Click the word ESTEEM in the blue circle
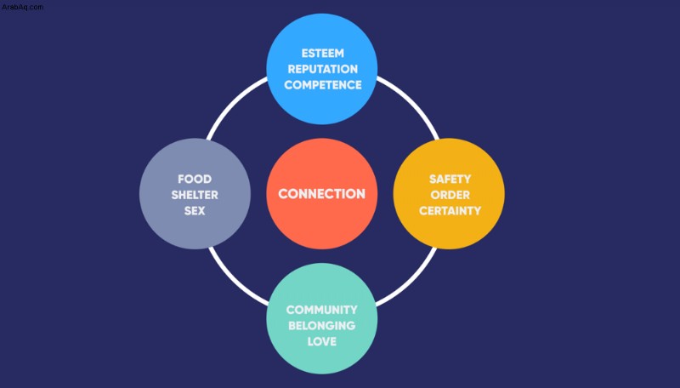pos(323,54)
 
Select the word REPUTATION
pos(323,69)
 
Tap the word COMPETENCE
pos(323,85)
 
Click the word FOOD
pos(195,180)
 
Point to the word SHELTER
pos(195,195)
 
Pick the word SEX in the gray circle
pos(195,211)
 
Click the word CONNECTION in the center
pos(322,194)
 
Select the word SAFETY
pos(450,180)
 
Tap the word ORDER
pos(450,195)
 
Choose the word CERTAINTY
pos(450,211)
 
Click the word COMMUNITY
pos(322,310)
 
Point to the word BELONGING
pos(322,326)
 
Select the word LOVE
pos(322,341)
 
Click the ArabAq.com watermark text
pos(22,7)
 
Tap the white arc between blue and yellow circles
pos(412,103)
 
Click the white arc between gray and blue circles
pos(231,103)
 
